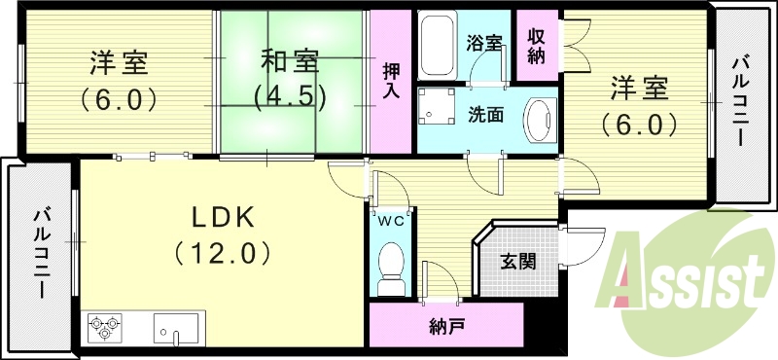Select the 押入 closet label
click(x=390, y=81)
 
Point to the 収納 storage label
click(x=536, y=46)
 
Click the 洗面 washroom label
click(x=484, y=114)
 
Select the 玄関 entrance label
click(x=516, y=262)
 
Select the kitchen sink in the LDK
click(x=176, y=329)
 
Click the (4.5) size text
click(x=289, y=97)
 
